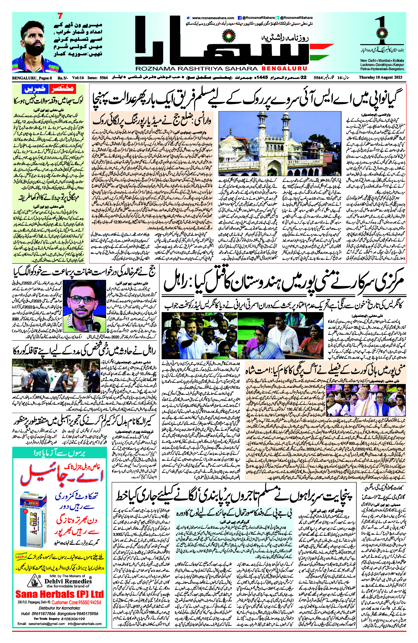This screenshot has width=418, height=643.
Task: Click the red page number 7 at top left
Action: [x=60, y=16]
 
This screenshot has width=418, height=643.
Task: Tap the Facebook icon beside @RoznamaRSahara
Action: [x=239, y=18]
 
